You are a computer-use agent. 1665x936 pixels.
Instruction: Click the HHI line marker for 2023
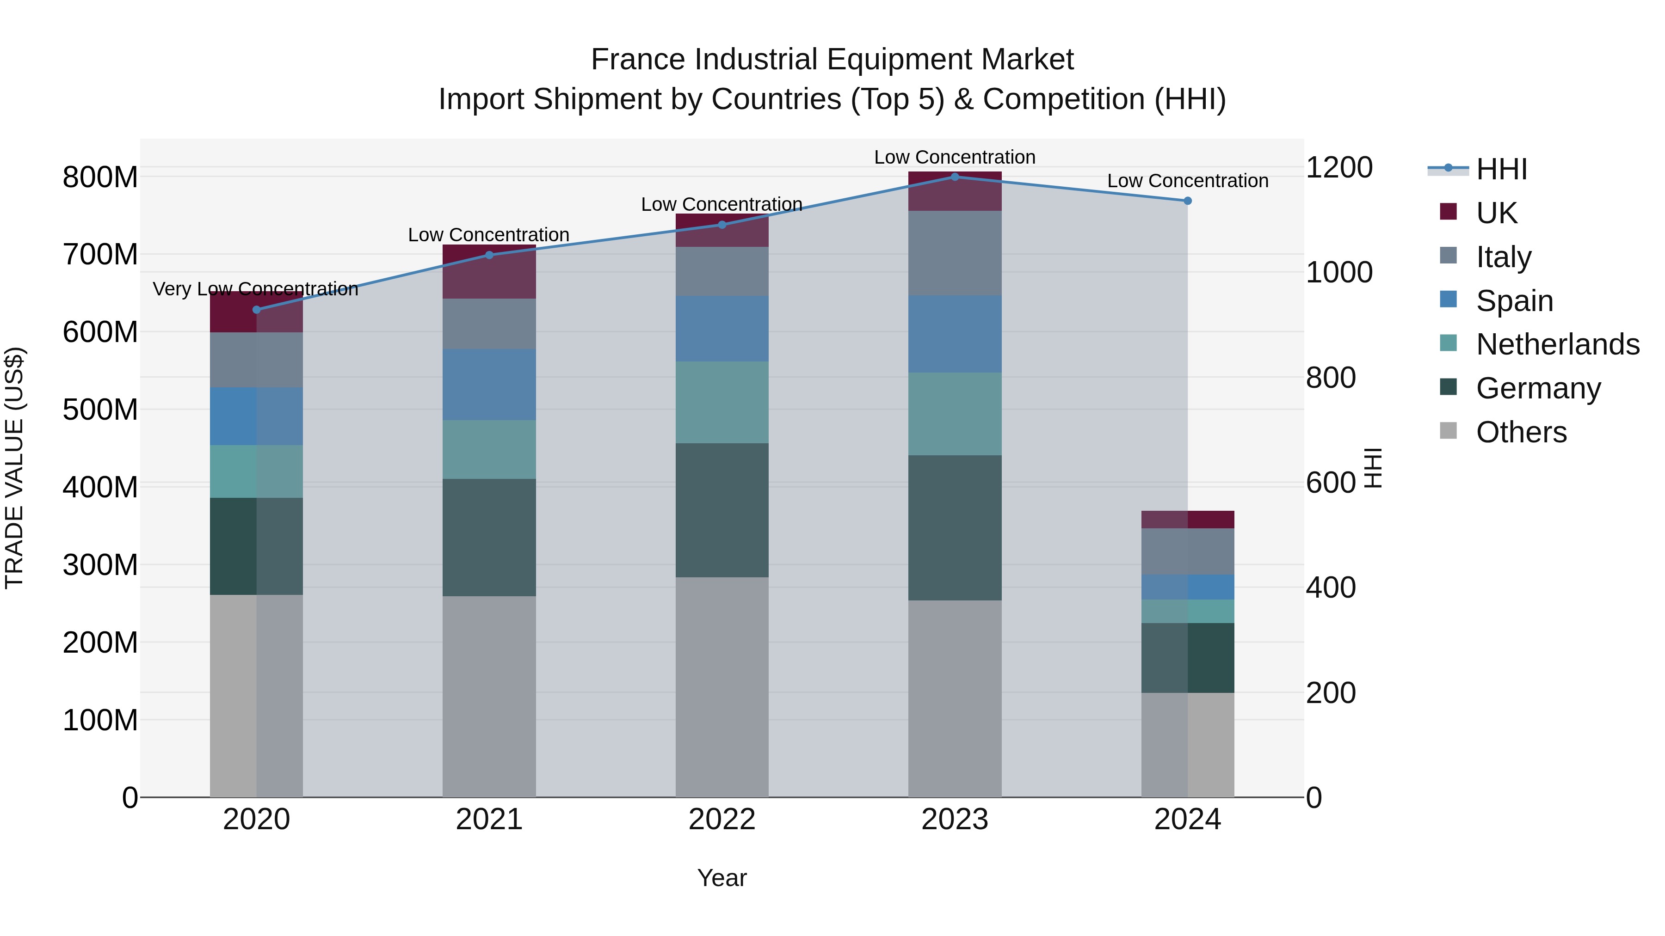click(x=955, y=177)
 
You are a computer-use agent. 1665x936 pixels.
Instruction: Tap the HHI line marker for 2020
click(x=257, y=309)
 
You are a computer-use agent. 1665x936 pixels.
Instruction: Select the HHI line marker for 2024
click(x=1187, y=201)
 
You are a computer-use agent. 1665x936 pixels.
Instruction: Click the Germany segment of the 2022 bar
click(x=722, y=510)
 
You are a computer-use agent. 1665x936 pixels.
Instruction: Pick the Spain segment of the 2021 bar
click(x=489, y=385)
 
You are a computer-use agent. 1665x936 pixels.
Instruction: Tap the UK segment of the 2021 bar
click(x=489, y=271)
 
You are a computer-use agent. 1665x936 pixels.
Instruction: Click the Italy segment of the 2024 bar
click(x=1187, y=551)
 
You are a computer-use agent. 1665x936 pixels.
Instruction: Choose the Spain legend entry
click(x=1514, y=301)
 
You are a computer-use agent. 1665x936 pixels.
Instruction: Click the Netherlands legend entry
click(x=1557, y=344)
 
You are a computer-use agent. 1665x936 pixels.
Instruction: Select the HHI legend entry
click(x=1501, y=169)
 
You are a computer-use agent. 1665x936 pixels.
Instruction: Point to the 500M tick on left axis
click(x=100, y=410)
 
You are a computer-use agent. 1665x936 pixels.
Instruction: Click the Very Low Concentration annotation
click(x=255, y=289)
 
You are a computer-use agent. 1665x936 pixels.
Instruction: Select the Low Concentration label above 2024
click(x=1187, y=181)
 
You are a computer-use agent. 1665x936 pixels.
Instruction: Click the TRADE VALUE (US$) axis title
click(x=15, y=468)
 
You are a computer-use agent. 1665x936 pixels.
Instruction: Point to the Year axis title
click(x=722, y=878)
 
